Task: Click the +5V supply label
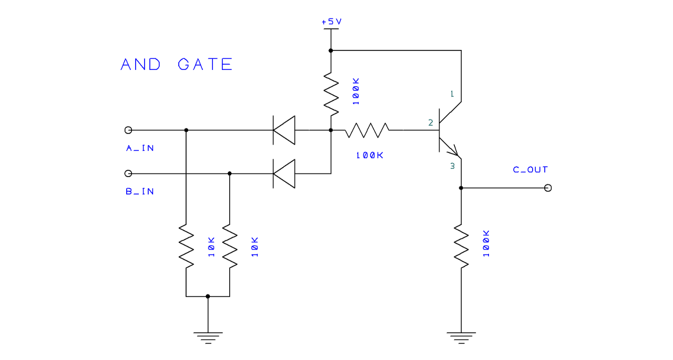pyautogui.click(x=331, y=22)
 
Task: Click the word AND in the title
pyautogui.click(x=140, y=65)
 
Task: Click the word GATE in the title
pyautogui.click(x=205, y=65)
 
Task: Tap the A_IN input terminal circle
pyautogui.click(x=128, y=130)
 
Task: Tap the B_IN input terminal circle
pyautogui.click(x=128, y=173)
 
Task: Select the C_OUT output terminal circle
pyautogui.click(x=548, y=188)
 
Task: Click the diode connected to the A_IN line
pyautogui.click(x=284, y=130)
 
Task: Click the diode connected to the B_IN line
pyautogui.click(x=284, y=173)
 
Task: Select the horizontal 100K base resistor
pyautogui.click(x=366, y=130)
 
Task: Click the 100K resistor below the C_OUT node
pyautogui.click(x=461, y=245)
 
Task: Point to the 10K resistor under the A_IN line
pyautogui.click(x=186, y=245)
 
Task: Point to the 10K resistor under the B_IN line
pyautogui.click(x=230, y=245)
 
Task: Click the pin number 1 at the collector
pyautogui.click(x=451, y=94)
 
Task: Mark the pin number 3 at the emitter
pyautogui.click(x=452, y=167)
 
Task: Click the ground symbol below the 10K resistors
pyautogui.click(x=208, y=336)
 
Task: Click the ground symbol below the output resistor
pyautogui.click(x=461, y=336)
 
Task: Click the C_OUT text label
pyautogui.click(x=530, y=170)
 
